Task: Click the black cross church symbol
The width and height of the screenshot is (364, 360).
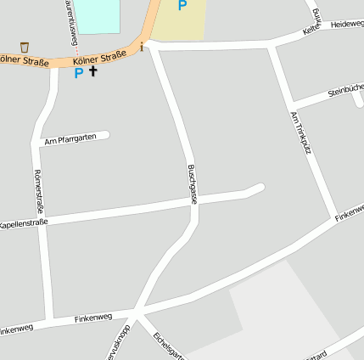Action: click(93, 72)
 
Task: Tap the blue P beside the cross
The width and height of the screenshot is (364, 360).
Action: click(78, 73)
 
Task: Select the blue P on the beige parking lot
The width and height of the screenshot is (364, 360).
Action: click(182, 6)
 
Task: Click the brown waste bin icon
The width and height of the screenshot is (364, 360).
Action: click(25, 47)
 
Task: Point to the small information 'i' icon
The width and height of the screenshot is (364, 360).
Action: click(141, 48)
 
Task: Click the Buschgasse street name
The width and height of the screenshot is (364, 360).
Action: click(193, 183)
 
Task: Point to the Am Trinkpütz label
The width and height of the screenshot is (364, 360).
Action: click(300, 132)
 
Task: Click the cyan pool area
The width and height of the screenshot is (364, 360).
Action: click(97, 14)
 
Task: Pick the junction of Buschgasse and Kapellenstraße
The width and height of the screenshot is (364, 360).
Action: click(193, 202)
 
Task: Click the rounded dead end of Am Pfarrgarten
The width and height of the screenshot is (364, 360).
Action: click(105, 134)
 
